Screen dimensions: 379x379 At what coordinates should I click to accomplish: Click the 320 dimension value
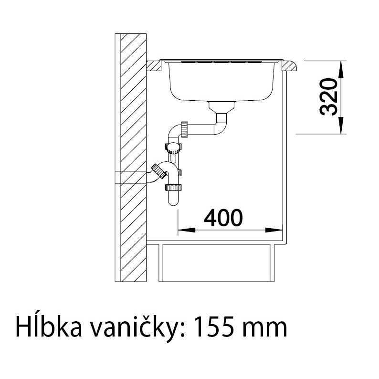(328, 97)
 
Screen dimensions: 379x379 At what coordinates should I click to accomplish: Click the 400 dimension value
(223, 218)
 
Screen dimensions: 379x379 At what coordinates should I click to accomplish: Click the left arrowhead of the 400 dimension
(187, 230)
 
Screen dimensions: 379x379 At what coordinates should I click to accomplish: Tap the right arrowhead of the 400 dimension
(274, 230)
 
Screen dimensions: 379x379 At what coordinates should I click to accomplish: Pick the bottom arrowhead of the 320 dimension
(340, 125)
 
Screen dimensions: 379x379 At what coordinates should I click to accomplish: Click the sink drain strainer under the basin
(221, 106)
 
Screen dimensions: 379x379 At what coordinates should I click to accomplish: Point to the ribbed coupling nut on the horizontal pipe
(184, 129)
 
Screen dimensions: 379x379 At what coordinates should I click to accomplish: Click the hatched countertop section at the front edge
(289, 66)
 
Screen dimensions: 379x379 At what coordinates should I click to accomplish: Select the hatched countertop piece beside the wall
(154, 66)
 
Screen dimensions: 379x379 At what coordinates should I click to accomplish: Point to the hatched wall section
(134, 158)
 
